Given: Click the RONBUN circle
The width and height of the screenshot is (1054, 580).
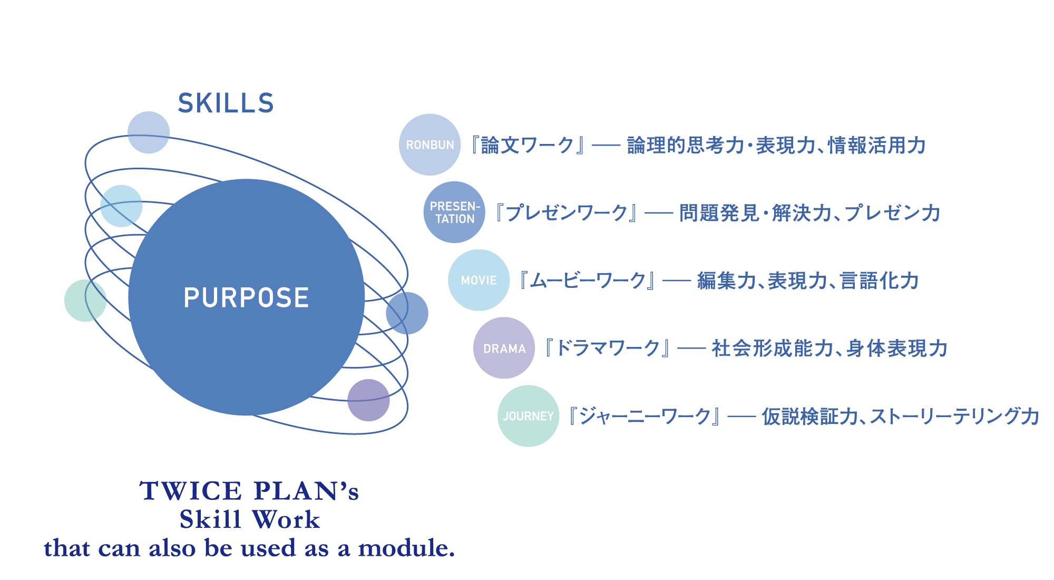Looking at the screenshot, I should [x=430, y=144].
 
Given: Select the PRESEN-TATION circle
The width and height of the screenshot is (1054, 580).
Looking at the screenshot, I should [x=454, y=212].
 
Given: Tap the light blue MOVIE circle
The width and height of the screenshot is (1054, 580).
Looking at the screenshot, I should [x=479, y=280].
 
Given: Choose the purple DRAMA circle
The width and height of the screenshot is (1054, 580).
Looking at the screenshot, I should [x=504, y=348].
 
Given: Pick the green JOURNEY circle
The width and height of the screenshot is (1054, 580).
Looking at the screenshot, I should [x=528, y=416].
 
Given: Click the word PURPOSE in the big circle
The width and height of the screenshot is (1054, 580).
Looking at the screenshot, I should [x=246, y=297].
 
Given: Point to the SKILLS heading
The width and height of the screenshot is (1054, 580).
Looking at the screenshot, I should [x=226, y=103].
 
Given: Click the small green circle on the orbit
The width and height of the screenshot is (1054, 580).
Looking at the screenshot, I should [x=85, y=301].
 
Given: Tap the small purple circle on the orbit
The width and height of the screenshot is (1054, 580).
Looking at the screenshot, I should [x=368, y=400].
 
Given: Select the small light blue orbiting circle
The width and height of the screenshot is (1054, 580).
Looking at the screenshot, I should [x=121, y=206].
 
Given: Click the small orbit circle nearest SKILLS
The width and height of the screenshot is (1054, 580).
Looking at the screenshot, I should [x=149, y=132].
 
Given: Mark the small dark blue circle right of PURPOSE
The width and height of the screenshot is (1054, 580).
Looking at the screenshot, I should [x=407, y=313].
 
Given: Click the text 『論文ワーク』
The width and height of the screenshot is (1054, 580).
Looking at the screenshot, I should [x=527, y=146].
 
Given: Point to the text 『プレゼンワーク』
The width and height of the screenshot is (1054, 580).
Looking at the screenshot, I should [x=567, y=213].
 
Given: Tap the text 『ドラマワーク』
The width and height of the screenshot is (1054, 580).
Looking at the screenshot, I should [x=608, y=349].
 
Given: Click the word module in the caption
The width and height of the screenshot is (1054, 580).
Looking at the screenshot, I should [x=406, y=548].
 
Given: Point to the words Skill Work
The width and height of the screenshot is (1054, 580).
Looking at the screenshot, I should [x=249, y=520].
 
